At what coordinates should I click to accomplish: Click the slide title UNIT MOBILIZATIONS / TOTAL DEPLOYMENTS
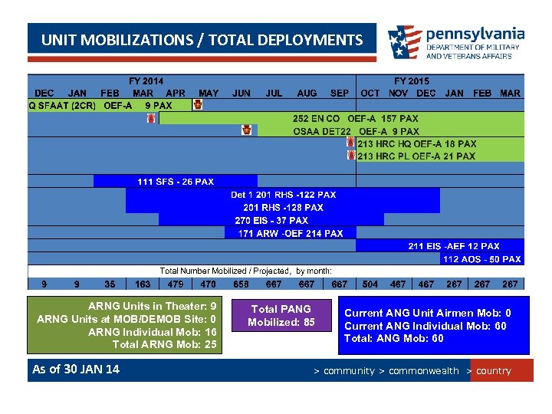point(202,40)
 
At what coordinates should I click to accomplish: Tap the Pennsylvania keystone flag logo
point(404,43)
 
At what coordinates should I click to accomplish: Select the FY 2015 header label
point(412,80)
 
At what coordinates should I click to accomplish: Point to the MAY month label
point(209,93)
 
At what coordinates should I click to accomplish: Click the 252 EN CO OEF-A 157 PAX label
point(356,119)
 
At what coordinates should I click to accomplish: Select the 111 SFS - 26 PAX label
point(176,182)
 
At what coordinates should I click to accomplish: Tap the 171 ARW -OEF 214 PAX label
point(291,233)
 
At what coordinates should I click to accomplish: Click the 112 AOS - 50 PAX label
point(481,259)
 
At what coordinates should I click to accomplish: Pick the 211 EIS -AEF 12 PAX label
point(453,246)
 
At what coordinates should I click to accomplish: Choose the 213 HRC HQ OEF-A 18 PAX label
point(416,143)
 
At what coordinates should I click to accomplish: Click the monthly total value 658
point(241,284)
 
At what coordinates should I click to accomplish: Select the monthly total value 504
point(370,284)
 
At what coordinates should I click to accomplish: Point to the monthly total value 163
point(143,284)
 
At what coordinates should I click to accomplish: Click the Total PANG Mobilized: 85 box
point(281,315)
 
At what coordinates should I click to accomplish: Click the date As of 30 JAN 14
point(76,370)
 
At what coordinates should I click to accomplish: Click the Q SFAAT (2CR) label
point(61,105)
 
